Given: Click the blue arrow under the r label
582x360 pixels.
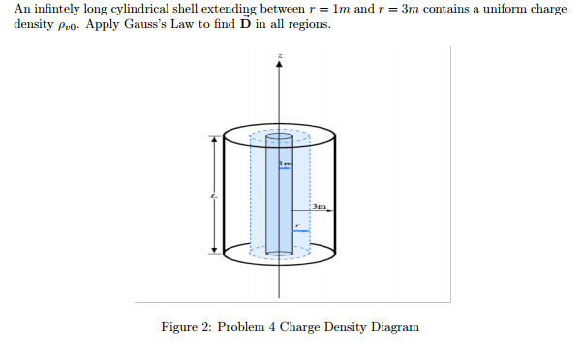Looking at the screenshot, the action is (x=301, y=231).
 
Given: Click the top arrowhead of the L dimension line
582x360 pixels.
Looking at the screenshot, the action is (x=214, y=138).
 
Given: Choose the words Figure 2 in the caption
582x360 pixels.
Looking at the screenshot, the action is (x=186, y=327).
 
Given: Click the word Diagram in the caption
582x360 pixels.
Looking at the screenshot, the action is (x=392, y=327).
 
